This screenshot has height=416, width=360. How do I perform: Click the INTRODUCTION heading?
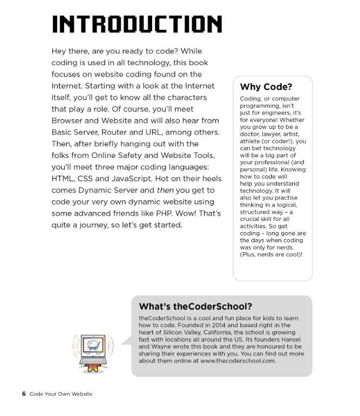[136, 24]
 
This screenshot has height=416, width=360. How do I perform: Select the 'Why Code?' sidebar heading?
[266, 87]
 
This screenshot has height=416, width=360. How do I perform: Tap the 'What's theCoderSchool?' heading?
[195, 306]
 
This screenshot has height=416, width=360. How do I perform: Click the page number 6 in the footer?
[24, 394]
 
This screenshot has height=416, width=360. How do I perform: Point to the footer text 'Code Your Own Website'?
[61, 394]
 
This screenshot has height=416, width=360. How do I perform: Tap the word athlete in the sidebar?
[251, 142]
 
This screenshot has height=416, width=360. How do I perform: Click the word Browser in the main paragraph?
[69, 121]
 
